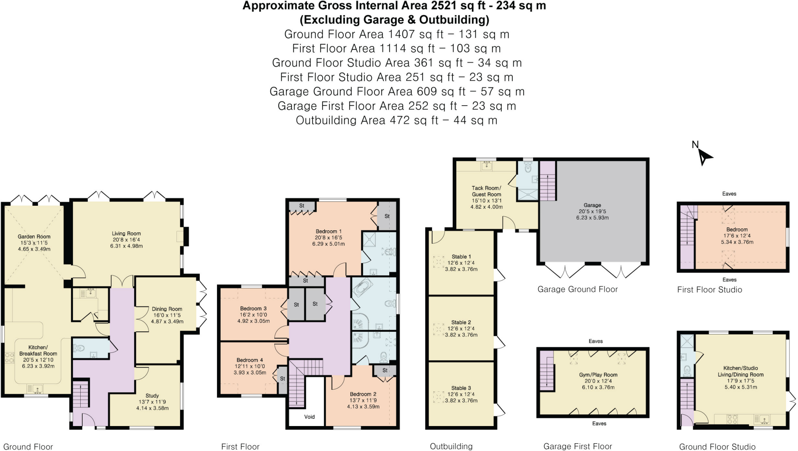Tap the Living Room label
(126, 233)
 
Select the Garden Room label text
(34, 237)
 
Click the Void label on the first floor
(309, 417)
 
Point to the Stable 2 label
(461, 322)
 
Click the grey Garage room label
(592, 205)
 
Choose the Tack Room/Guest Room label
(486, 191)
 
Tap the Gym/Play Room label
(598, 375)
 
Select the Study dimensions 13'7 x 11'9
(152, 402)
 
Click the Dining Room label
(167, 309)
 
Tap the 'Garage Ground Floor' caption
(577, 289)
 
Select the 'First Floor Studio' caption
(709, 290)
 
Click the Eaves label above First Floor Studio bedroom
(729, 194)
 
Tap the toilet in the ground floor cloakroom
(79, 348)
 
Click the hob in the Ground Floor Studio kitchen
(732, 419)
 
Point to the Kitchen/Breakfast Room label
(38, 350)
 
